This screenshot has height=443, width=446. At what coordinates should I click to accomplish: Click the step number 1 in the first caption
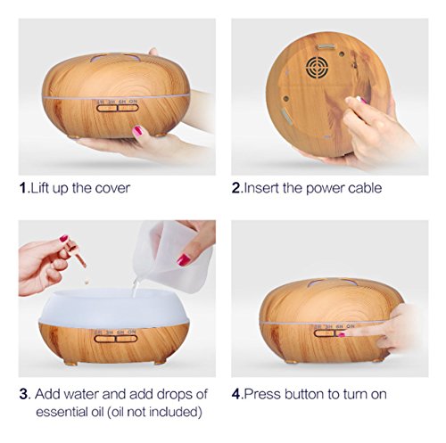23,188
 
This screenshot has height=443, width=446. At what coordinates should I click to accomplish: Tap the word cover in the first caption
112,188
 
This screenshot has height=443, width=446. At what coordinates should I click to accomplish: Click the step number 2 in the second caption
235,188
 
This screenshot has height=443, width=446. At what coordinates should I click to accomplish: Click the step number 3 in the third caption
23,394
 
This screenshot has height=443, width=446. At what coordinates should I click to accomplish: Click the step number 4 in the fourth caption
235,394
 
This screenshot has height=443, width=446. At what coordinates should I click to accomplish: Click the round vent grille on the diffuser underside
318,68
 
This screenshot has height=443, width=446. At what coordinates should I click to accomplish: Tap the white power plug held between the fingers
361,100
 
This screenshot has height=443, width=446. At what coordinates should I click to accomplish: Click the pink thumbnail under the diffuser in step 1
137,131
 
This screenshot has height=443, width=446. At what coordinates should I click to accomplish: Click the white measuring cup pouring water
171,256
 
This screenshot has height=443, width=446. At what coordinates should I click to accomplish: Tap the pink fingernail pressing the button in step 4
342,335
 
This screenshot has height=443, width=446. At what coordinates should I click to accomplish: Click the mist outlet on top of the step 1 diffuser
115,58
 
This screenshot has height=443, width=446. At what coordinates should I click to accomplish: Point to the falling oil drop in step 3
87,281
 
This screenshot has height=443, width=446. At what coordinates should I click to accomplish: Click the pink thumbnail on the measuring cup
184,260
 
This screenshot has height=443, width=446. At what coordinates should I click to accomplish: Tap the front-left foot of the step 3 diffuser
70,363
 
